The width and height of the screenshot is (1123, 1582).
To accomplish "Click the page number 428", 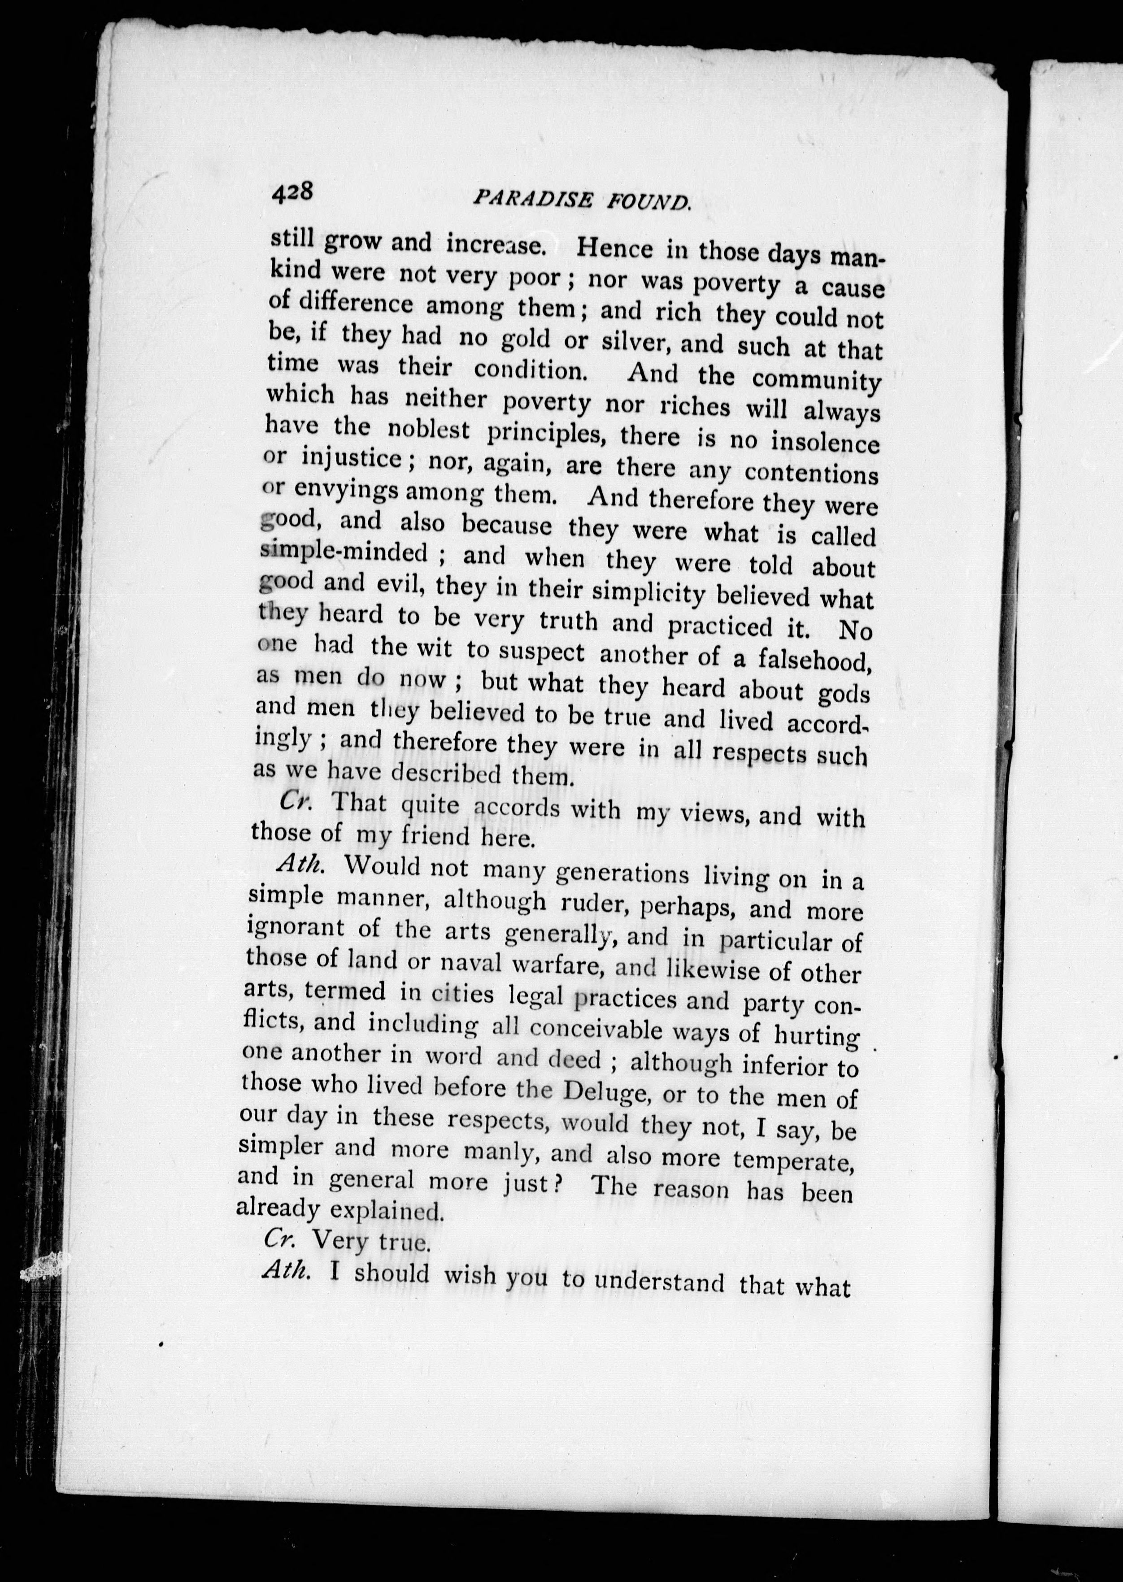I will (293, 191).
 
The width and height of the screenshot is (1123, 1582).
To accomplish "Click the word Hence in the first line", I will (615, 247).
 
